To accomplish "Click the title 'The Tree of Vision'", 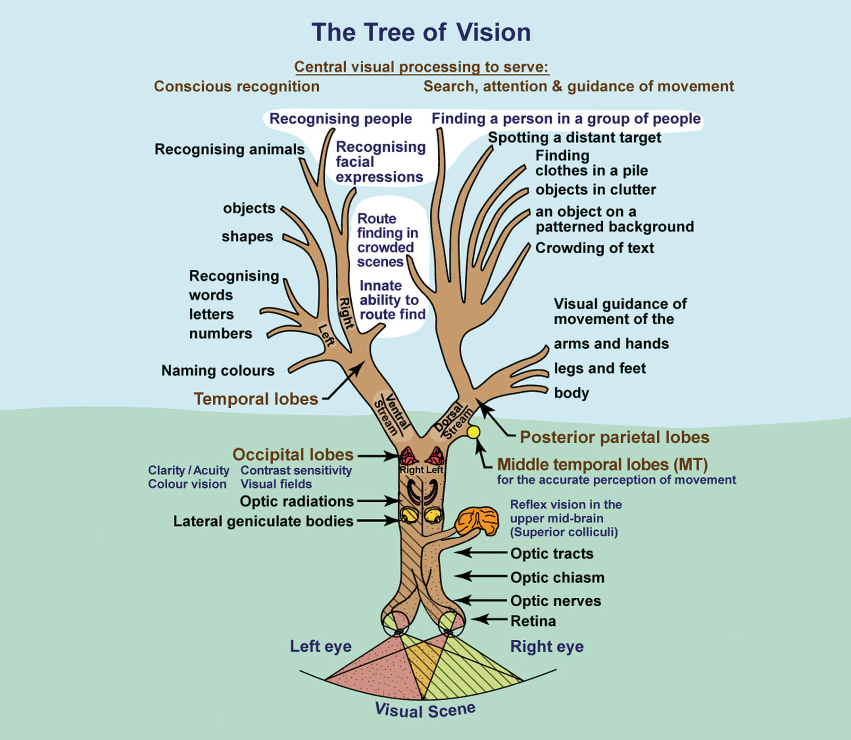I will tap(421, 33).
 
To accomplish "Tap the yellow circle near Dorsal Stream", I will tap(473, 432).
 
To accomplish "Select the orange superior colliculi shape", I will tap(477, 521).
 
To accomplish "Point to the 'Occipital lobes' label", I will tap(293, 455).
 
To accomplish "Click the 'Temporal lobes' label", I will tap(256, 399).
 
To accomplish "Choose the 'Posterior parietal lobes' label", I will tap(614, 437).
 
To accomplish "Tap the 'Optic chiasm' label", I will tap(557, 577).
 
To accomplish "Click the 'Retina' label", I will tap(533, 621).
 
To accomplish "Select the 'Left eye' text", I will tap(321, 646).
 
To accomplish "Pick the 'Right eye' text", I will tap(547, 646).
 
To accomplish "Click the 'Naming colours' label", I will tap(218, 370).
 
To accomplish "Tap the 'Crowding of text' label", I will tap(594, 248).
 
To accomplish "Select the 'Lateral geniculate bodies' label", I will tap(263, 521).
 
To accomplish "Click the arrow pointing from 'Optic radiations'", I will tap(379, 501).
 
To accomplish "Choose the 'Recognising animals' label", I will tap(229, 149).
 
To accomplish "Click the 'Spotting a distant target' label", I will tap(574, 138).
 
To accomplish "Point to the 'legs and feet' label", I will tap(599, 368).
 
